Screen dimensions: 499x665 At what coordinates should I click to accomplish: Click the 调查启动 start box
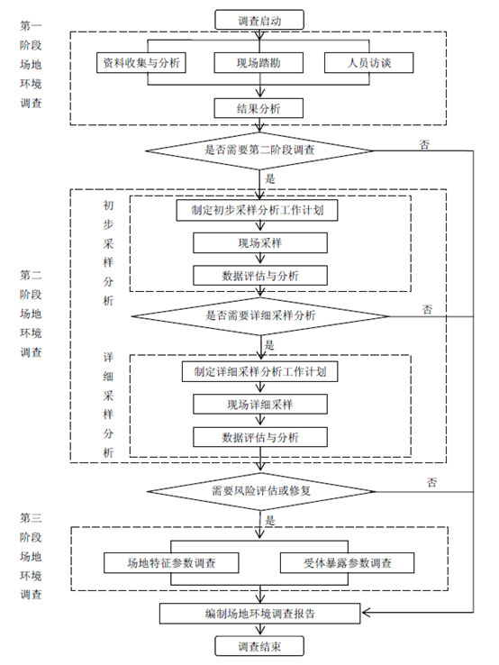pos(259,20)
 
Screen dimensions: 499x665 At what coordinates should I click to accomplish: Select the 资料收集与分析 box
pos(141,63)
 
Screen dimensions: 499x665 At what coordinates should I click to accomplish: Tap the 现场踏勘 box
pos(259,63)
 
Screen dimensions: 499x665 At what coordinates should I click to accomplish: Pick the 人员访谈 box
pos(368,63)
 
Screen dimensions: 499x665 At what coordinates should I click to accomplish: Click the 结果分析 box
pos(259,108)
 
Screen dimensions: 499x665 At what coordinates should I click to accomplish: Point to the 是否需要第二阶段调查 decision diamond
pos(259,150)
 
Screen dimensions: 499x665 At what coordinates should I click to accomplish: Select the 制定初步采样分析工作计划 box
pos(257,210)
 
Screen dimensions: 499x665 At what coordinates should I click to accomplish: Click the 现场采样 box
pos(260,243)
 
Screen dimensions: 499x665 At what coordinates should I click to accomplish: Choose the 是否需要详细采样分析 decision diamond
pos(260,316)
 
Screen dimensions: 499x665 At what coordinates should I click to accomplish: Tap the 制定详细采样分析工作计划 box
pos(260,371)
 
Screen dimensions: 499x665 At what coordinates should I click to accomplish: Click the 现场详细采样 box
pos(260,405)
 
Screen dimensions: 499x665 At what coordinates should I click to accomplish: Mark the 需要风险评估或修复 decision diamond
pos(261,491)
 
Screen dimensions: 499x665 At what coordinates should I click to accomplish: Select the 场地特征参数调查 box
pos(171,563)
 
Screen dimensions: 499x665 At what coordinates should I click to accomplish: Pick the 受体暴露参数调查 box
pos(347,563)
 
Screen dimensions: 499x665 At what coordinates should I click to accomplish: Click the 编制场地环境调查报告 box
pos(260,614)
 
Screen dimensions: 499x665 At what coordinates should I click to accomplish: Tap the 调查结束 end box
pos(259,646)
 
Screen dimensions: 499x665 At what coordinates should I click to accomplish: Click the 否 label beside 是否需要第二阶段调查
pos(424,144)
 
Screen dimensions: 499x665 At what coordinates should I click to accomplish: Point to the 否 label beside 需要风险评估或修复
pos(431,482)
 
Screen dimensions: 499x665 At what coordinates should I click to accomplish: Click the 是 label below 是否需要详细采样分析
pos(269,345)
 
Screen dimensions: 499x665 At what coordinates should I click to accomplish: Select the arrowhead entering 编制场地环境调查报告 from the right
pos(366,612)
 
